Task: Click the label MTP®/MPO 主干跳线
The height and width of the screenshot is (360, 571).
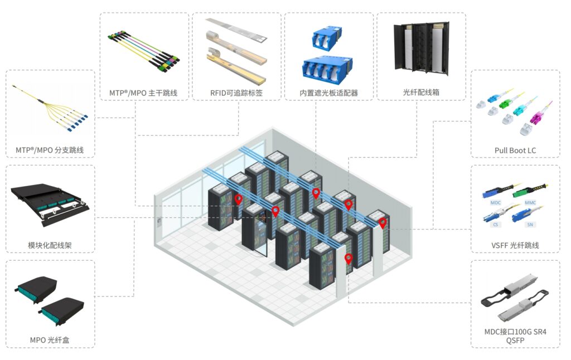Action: (143, 93)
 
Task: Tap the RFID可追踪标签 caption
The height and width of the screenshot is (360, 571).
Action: (236, 93)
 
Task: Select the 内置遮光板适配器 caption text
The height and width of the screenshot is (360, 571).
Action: (329, 93)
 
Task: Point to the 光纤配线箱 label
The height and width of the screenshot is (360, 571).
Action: (421, 92)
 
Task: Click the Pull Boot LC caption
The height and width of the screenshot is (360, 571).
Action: (515, 150)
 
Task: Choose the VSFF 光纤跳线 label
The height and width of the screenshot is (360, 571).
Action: (515, 245)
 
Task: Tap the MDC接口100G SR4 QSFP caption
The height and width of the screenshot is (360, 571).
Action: (515, 336)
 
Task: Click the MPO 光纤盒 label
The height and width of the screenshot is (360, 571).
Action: (50, 340)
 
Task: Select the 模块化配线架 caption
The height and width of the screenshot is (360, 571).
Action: (50, 245)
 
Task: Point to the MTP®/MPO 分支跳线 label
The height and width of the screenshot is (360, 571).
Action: (50, 150)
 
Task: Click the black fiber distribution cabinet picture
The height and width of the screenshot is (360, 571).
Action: (422, 48)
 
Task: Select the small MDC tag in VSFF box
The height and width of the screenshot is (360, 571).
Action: (496, 202)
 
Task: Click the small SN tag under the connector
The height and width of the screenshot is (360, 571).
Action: (530, 225)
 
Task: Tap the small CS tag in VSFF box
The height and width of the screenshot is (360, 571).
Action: (496, 225)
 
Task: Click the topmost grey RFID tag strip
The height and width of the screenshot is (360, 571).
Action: (236, 29)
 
